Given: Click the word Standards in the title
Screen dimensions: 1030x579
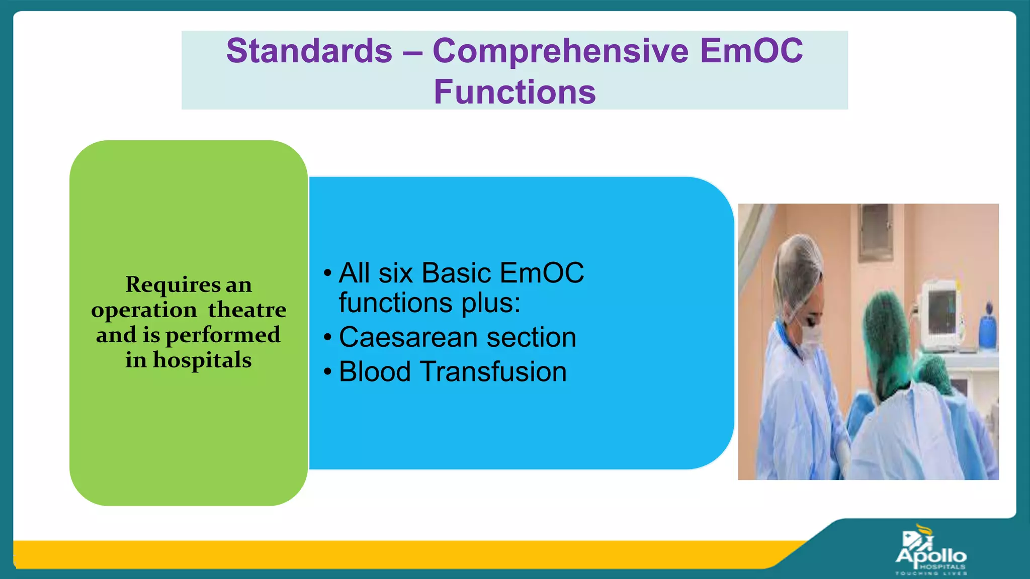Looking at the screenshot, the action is (309, 51).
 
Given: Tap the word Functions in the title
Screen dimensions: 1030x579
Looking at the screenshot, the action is (515, 92).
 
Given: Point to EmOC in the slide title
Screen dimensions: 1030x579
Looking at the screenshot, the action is (752, 51).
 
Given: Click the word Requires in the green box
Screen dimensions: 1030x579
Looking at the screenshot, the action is (173, 285).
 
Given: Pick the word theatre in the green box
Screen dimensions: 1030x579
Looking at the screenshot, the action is (247, 310).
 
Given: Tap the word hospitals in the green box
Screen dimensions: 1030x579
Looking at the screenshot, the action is (202, 360).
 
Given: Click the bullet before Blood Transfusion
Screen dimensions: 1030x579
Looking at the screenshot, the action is (328, 372).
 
